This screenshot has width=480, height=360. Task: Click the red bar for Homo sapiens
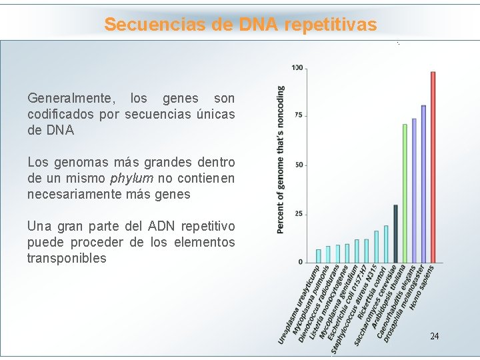click(x=433, y=167)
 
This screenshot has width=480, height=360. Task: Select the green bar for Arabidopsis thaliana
click(x=405, y=193)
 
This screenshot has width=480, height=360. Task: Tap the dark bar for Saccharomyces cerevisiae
click(x=395, y=233)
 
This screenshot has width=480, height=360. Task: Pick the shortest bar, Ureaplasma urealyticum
click(x=319, y=255)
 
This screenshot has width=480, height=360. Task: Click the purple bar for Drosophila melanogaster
click(x=423, y=183)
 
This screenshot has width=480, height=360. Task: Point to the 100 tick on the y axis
click(x=297, y=67)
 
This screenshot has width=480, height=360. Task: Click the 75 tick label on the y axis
click(x=298, y=115)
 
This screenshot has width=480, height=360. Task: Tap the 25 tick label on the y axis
click(x=298, y=214)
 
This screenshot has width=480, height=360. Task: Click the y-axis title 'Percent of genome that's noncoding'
click(x=281, y=159)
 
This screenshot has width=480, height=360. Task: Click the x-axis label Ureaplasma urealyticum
click(x=299, y=306)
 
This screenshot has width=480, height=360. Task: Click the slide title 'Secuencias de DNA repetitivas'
click(x=240, y=25)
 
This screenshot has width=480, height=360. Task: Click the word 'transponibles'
click(x=67, y=259)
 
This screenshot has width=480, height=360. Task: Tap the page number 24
click(x=434, y=336)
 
